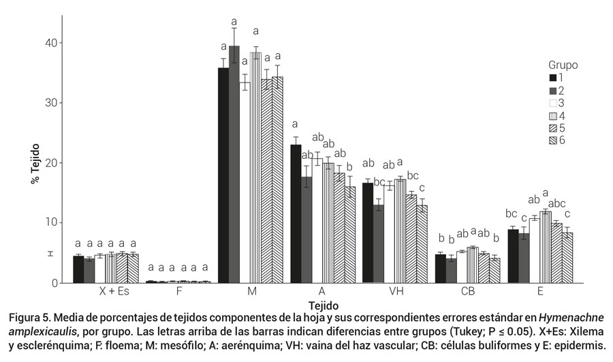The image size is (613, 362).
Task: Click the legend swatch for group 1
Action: (554, 78)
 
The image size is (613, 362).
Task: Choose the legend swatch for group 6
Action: (554, 140)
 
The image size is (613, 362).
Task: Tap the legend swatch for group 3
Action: (554, 103)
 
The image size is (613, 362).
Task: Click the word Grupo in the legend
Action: (563, 65)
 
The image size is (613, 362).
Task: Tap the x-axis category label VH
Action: (396, 292)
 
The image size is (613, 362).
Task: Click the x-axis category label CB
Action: (467, 292)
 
